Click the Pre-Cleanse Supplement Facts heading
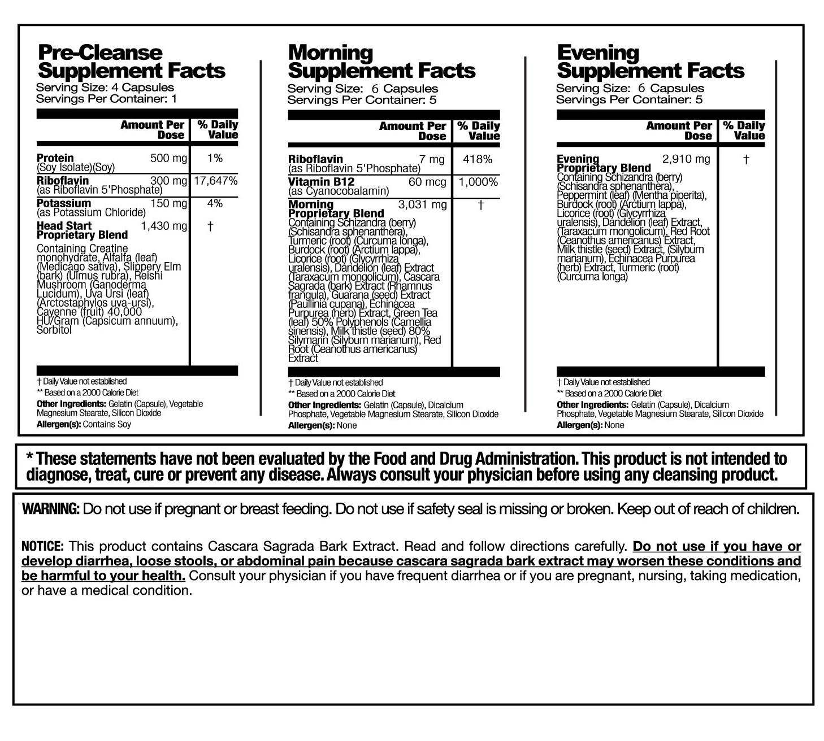click(131, 62)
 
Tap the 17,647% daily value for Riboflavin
click(215, 181)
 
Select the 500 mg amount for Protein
click(168, 158)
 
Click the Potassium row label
click(64, 203)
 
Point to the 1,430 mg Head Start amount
click(164, 226)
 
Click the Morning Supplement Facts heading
click(381, 62)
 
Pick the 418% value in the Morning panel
click(478, 159)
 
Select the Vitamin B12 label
click(321, 182)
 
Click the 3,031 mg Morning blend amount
click(423, 204)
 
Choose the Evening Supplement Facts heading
click(650, 62)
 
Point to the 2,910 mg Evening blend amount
click(686, 159)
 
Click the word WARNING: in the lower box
click(50, 509)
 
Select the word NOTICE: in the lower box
click(42, 546)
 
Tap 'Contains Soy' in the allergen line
click(107, 424)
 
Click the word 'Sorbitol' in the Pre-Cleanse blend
click(54, 330)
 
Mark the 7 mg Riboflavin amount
click(432, 159)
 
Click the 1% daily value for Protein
click(215, 158)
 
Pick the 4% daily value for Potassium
click(215, 203)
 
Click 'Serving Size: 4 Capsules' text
click(105, 88)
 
